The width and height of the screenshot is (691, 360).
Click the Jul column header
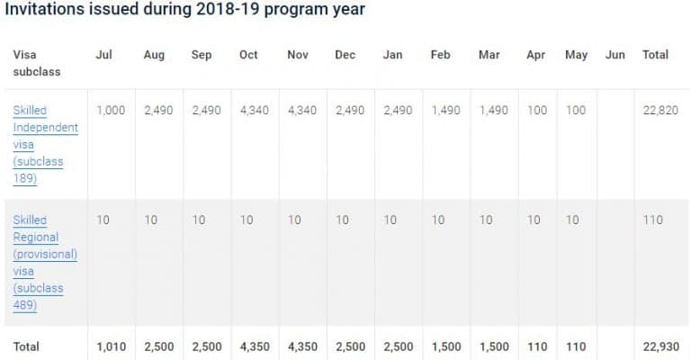pyautogui.click(x=103, y=55)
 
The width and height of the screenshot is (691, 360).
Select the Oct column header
pyautogui.click(x=248, y=55)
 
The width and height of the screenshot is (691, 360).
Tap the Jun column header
pyautogui.click(x=615, y=55)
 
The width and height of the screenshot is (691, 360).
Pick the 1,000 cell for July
pyautogui.click(x=111, y=110)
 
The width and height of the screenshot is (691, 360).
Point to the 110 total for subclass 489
pyautogui.click(x=652, y=220)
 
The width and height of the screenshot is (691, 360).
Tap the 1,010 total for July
pyautogui.click(x=111, y=346)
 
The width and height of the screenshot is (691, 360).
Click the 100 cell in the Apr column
pyautogui.click(x=536, y=110)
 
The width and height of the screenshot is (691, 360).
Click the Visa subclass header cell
pyautogui.click(x=36, y=62)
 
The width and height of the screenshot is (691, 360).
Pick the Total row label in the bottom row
pyautogui.click(x=26, y=346)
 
